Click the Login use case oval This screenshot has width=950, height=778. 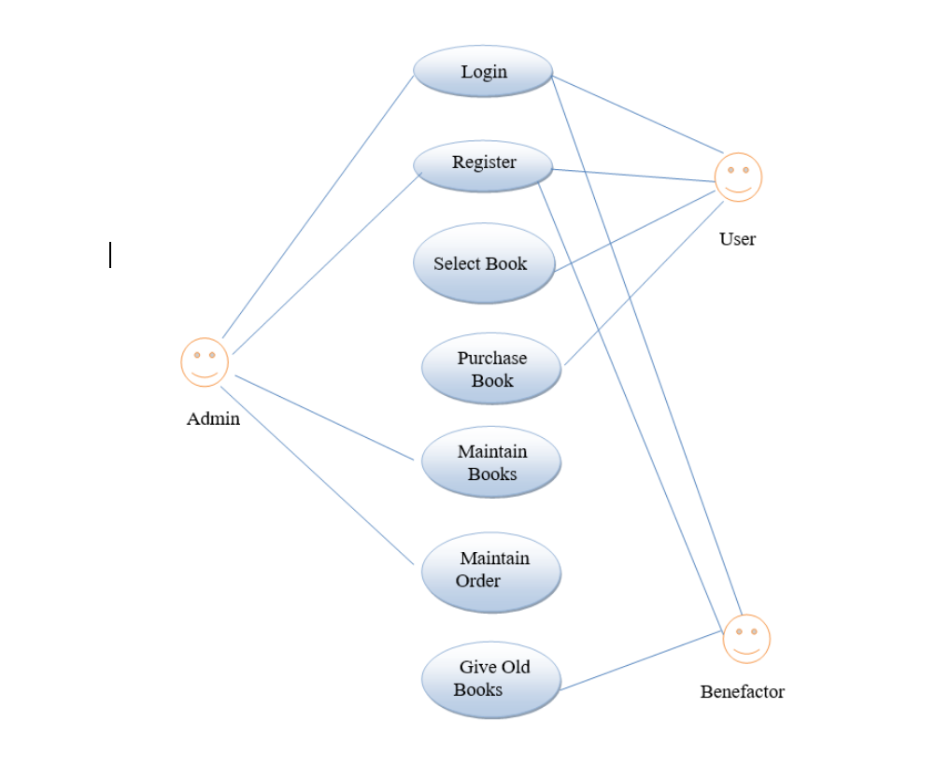[483, 72]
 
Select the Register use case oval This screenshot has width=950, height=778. [483, 166]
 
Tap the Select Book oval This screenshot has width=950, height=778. [484, 263]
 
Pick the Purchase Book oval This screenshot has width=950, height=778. [491, 369]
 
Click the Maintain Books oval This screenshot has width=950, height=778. [491, 462]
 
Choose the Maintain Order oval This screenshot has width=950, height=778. [491, 572]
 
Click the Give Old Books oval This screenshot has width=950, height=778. [491, 679]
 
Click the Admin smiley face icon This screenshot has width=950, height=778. [205, 362]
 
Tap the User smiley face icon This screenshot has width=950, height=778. [738, 177]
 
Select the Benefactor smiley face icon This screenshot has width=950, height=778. [746, 639]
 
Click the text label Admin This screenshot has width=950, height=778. [213, 419]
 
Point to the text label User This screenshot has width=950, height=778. [737, 239]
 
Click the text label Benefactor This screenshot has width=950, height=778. [743, 692]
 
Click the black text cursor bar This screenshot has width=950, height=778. [110, 255]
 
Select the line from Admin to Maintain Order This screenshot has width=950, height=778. [318, 475]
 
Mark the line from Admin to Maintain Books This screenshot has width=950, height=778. [324, 417]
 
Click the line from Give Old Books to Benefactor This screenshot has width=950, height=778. [642, 661]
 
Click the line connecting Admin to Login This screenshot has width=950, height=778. [318, 206]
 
